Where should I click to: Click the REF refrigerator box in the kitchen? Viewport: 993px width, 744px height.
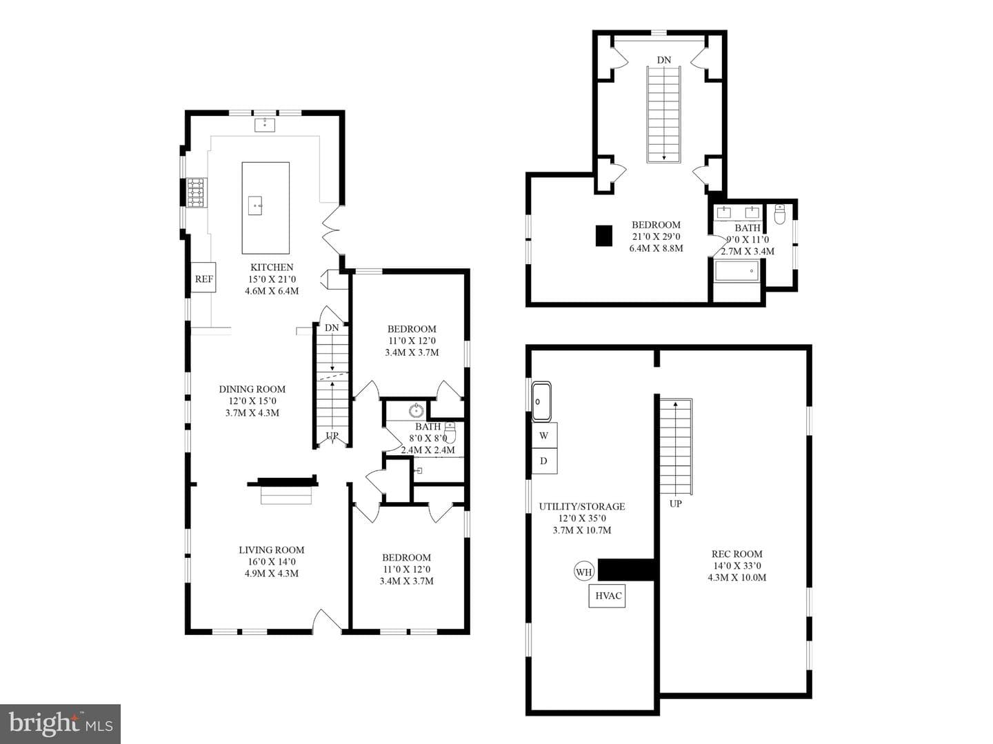[203, 277]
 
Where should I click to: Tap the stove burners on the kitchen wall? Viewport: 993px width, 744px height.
[197, 192]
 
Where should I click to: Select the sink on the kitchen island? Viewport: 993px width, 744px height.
[255, 205]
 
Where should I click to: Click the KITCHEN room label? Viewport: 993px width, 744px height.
[272, 268]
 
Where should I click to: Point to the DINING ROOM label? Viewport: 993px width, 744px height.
[252, 389]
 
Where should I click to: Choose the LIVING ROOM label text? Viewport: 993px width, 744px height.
[272, 550]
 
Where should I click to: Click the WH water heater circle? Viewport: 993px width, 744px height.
[583, 572]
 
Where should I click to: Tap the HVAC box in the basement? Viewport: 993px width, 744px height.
[608, 596]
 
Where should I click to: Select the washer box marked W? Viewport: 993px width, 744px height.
[544, 435]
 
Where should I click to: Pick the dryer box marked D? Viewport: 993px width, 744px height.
[544, 461]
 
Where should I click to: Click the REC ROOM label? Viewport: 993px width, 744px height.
[736, 554]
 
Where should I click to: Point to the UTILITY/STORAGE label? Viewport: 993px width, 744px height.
[582, 507]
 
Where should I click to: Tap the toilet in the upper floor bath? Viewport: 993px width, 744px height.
[780, 214]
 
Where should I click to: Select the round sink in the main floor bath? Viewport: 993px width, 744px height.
[417, 411]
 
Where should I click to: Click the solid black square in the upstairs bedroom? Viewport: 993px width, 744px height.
[603, 236]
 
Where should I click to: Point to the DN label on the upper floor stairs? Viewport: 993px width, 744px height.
[663, 60]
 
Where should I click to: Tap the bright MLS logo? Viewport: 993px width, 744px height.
[60, 723]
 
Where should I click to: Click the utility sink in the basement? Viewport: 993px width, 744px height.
[541, 401]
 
